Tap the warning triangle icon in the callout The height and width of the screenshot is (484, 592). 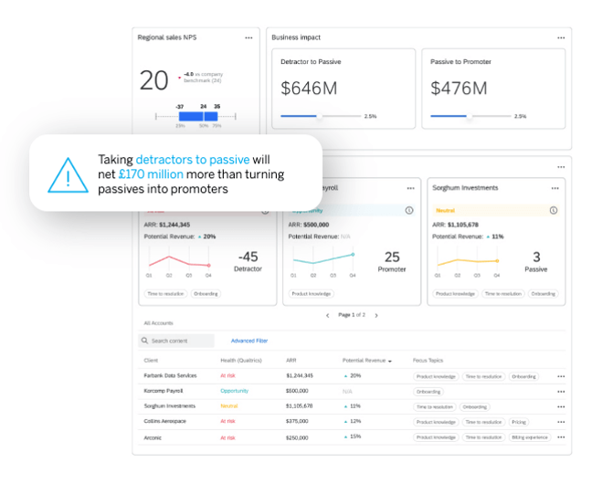[67, 174]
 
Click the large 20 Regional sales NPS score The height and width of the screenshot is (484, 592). [153, 80]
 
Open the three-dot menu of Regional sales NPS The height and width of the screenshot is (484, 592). [248, 37]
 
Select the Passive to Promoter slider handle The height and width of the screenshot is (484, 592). [470, 116]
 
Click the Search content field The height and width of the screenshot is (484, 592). [178, 341]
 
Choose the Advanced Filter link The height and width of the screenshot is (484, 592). [249, 341]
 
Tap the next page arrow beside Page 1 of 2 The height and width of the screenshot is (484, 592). [376, 315]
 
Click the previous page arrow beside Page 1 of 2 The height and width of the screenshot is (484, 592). [328, 315]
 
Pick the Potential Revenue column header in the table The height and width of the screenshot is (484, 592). [365, 361]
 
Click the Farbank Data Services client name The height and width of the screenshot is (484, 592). [170, 376]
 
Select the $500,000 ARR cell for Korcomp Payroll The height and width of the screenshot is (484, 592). [297, 391]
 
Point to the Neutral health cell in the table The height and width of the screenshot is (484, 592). [229, 406]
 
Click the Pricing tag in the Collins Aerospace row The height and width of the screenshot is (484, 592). [518, 422]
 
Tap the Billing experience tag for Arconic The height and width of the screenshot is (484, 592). [531, 437]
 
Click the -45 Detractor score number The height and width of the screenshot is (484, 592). [247, 257]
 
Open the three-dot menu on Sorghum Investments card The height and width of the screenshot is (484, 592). [554, 188]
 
